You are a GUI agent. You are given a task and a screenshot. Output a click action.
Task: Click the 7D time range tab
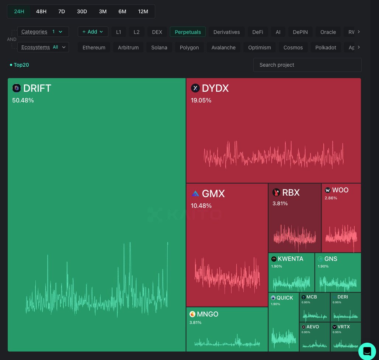pyautogui.click(x=62, y=11)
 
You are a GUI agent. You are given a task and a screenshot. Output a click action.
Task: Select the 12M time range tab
pyautogui.click(x=143, y=11)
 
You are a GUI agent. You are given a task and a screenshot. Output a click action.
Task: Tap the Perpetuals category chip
pyautogui.click(x=188, y=32)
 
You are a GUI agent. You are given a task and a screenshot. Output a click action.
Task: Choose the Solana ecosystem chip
pyautogui.click(x=159, y=48)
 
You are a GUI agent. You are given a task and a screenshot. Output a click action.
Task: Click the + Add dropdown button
pyautogui.click(x=93, y=32)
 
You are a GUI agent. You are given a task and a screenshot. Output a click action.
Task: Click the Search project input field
pyautogui.click(x=307, y=65)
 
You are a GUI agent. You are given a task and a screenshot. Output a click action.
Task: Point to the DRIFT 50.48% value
pyautogui.click(x=23, y=100)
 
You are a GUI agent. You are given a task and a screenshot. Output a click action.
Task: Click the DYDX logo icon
pyautogui.click(x=195, y=88)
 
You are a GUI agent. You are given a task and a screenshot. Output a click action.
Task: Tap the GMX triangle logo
pyautogui.click(x=195, y=193)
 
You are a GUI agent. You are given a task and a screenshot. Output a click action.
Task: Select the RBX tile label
pyautogui.click(x=291, y=192)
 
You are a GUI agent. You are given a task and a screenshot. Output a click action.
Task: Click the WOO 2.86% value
pyautogui.click(x=331, y=198)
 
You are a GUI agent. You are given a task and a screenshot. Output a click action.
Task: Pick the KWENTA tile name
pyautogui.click(x=291, y=259)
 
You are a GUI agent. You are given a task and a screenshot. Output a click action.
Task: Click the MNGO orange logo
pyautogui.click(x=192, y=314)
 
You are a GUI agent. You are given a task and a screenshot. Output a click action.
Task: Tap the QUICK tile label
pyautogui.click(x=285, y=298)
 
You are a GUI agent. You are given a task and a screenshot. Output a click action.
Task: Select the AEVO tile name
pyautogui.click(x=313, y=327)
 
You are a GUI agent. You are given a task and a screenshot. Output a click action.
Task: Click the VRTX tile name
pyautogui.click(x=344, y=327)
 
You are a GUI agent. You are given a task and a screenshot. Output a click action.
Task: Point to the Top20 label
pyautogui.click(x=21, y=65)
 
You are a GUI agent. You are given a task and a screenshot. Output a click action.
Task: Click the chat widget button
pyautogui.click(x=367, y=351)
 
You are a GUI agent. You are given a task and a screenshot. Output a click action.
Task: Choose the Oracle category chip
pyautogui.click(x=328, y=32)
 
